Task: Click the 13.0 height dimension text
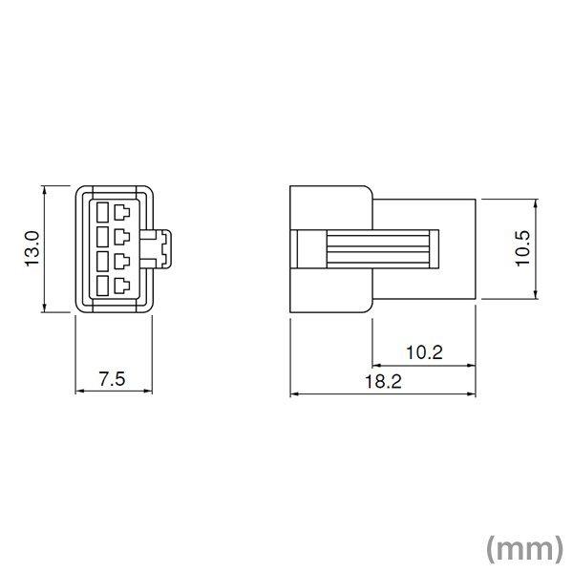pos(32,248)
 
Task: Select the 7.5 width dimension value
pos(112,378)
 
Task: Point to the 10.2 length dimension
pos(423,351)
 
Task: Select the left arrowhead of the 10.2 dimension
pos(376,365)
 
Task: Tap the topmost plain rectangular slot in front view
pos(102,207)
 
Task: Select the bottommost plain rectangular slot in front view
pos(102,286)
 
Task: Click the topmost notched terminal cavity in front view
pos(122,208)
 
